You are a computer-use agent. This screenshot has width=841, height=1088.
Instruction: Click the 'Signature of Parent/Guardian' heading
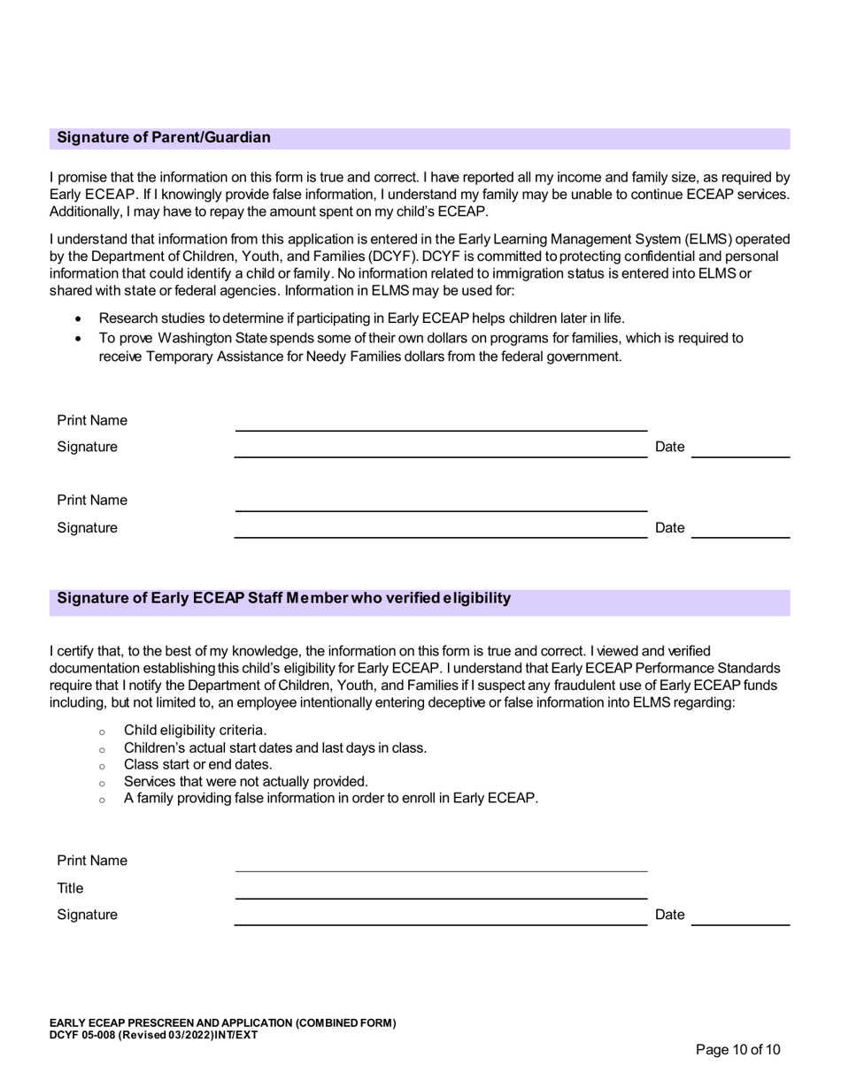click(164, 138)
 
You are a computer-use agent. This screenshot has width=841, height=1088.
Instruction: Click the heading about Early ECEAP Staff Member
click(283, 598)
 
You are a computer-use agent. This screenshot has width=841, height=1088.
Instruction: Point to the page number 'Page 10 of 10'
click(737, 1050)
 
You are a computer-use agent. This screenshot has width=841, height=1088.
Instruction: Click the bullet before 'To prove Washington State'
click(79, 339)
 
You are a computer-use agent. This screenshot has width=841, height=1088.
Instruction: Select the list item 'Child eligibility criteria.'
click(195, 730)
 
